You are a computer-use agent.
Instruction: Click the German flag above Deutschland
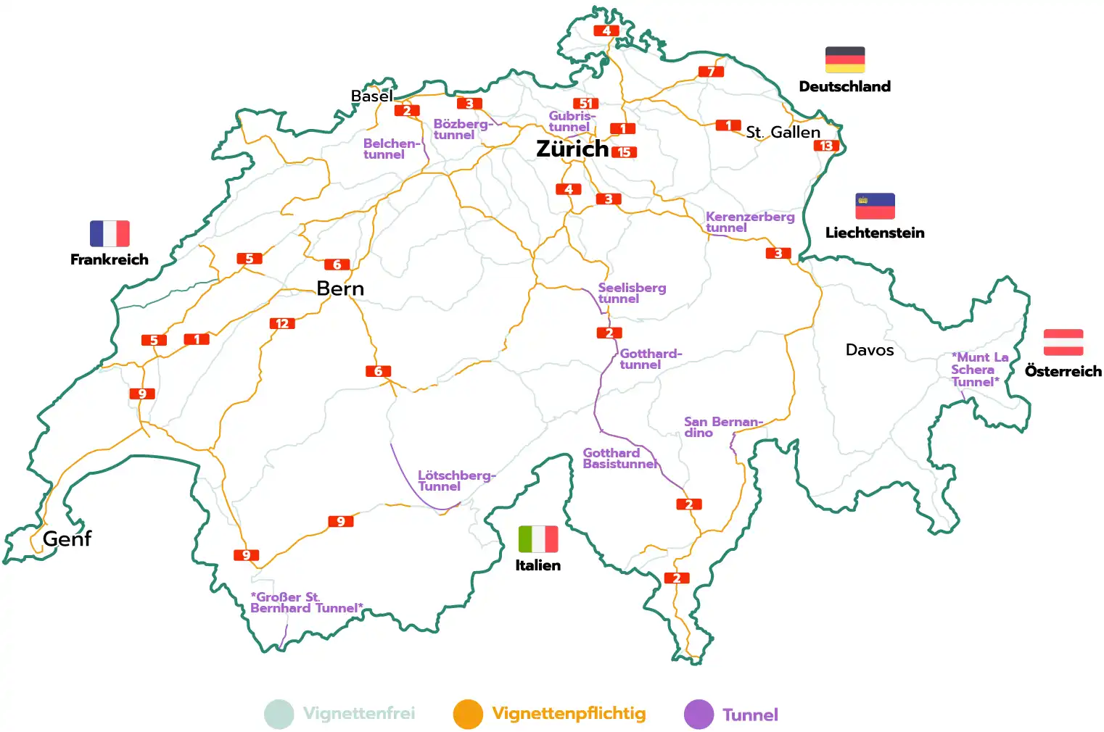[x=845, y=60]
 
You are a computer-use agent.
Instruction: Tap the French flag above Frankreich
[x=110, y=234]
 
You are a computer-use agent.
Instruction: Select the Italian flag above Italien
[x=538, y=539]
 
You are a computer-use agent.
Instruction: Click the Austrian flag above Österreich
[x=1063, y=343]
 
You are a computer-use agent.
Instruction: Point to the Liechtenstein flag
[x=875, y=207]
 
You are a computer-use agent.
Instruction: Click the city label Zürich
[x=572, y=149]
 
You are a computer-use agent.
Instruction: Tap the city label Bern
[x=340, y=288]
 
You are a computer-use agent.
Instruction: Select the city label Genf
[x=67, y=538]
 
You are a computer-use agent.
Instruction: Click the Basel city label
[x=371, y=96]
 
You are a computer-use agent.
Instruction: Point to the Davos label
[x=870, y=350]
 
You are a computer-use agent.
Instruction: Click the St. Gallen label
[x=783, y=132]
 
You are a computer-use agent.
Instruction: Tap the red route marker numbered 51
[x=585, y=104]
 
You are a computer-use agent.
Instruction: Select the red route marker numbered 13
[x=825, y=146]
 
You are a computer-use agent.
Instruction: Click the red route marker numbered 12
[x=282, y=323]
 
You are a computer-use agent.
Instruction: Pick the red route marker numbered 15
[x=624, y=152]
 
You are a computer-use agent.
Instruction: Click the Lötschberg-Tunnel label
[x=456, y=481]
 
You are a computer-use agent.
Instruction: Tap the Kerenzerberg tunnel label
[x=749, y=222]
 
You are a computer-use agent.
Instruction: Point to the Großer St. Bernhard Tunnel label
[x=306, y=602]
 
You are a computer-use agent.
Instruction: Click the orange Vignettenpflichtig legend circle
[x=468, y=714]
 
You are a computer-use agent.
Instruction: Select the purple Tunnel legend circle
[x=699, y=715]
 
